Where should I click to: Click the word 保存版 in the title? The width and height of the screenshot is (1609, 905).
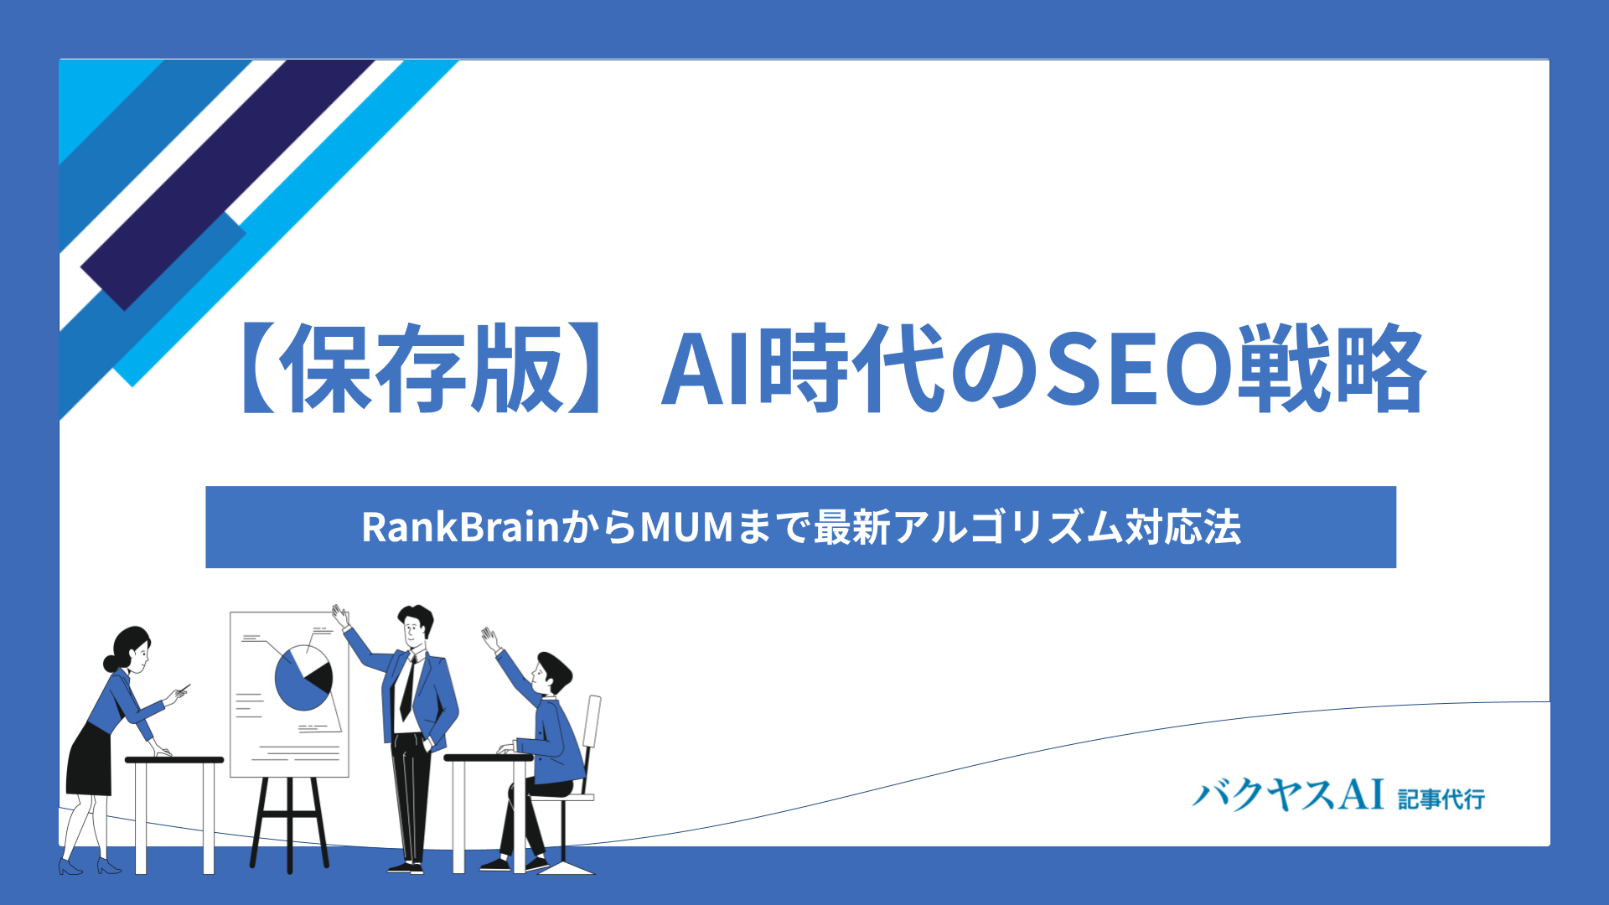[x=422, y=369]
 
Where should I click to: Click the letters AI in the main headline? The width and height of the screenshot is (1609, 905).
[x=708, y=370]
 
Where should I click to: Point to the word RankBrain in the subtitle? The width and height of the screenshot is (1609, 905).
[x=460, y=527]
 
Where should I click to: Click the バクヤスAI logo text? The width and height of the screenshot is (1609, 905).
[x=1288, y=794]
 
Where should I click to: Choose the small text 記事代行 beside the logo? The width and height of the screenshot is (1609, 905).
[x=1441, y=799]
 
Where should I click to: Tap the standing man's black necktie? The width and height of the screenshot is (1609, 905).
[x=407, y=688]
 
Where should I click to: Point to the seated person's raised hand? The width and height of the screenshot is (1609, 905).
[x=490, y=639]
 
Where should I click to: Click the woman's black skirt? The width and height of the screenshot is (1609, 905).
[x=90, y=759]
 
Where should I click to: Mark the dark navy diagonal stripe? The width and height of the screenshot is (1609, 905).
[x=226, y=185]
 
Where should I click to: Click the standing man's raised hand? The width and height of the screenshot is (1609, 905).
[x=339, y=616]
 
